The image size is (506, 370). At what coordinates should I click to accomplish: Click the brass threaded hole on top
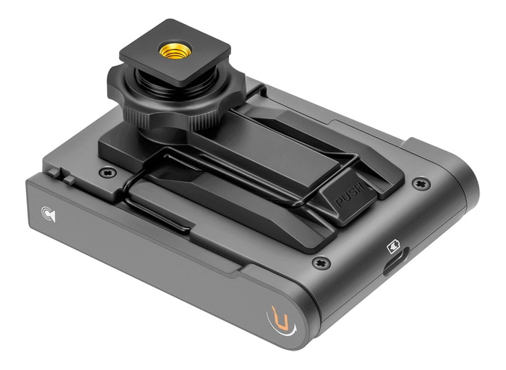tap(175, 50)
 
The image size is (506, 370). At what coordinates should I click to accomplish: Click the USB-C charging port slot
tap(396, 262)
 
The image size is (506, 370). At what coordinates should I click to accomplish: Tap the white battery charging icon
tap(393, 246)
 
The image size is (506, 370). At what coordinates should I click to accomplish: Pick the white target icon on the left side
tap(48, 214)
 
